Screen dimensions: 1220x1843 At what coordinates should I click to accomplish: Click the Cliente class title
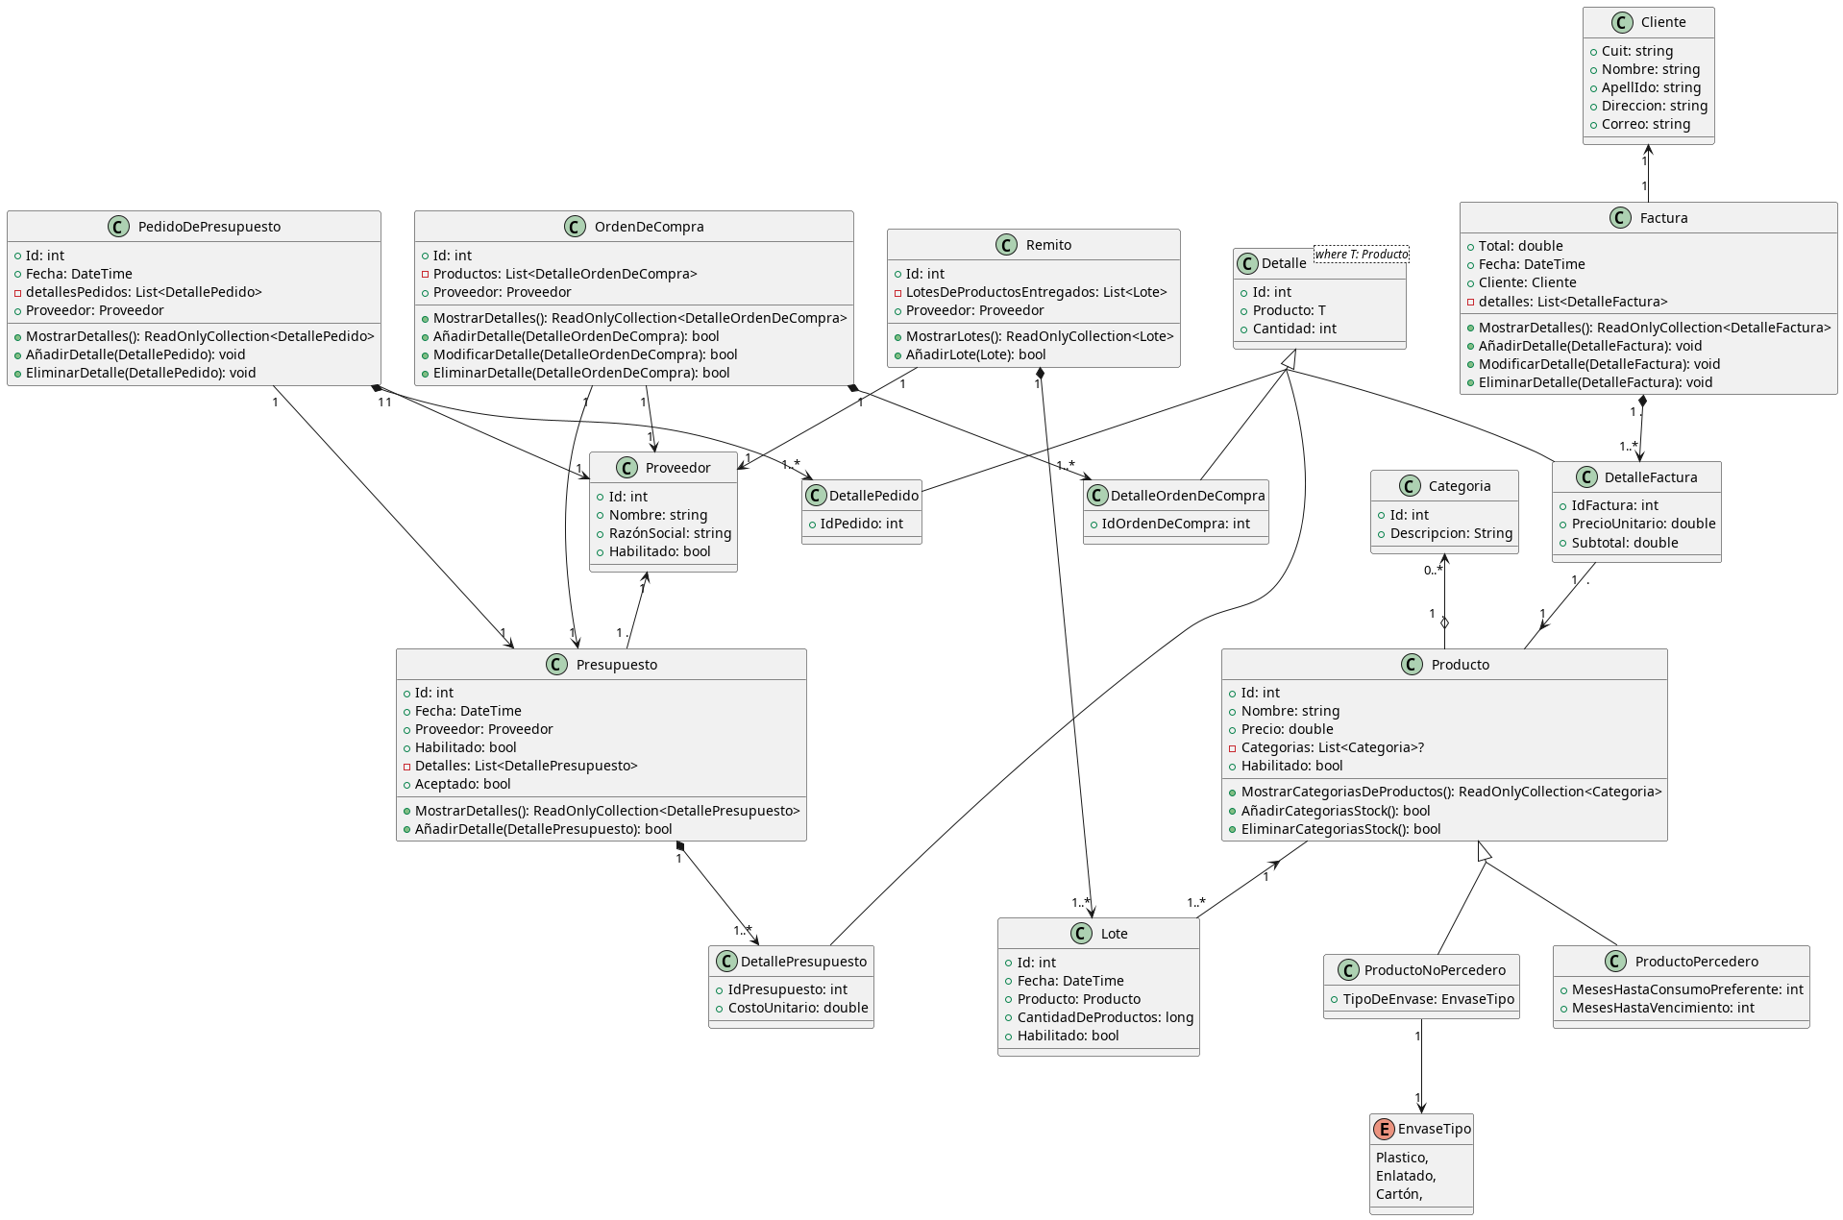click(1662, 22)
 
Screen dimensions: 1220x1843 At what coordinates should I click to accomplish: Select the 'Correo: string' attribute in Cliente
click(1645, 124)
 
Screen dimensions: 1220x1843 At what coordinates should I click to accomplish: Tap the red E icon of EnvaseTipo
click(1384, 1129)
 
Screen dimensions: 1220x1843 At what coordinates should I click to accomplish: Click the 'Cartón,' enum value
click(1398, 1194)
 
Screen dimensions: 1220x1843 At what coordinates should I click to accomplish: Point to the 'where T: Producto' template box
click(1361, 255)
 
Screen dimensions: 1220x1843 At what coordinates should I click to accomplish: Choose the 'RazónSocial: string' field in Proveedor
click(670, 533)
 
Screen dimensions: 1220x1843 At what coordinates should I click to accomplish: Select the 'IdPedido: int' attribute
click(861, 524)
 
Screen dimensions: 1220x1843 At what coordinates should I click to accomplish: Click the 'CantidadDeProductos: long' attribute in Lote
click(1105, 1017)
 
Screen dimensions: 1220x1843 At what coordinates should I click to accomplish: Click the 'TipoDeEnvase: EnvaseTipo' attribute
click(1428, 999)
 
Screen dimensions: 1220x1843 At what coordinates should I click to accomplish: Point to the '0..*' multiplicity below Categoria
click(1433, 571)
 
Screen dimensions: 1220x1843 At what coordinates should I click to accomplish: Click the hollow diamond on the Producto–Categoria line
click(1444, 622)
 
